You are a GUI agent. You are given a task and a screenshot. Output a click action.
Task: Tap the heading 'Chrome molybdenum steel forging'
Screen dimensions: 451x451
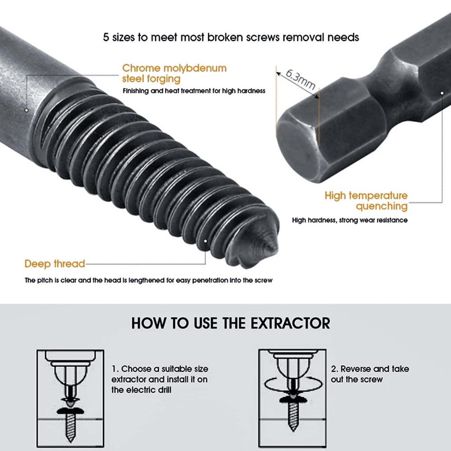(174, 74)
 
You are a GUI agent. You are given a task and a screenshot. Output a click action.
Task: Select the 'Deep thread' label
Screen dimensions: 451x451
(55, 264)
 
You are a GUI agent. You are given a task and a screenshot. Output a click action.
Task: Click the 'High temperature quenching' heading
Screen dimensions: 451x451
(366, 201)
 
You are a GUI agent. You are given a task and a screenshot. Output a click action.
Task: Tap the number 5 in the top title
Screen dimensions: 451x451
(106, 37)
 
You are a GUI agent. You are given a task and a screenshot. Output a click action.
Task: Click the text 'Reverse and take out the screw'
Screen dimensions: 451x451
(370, 374)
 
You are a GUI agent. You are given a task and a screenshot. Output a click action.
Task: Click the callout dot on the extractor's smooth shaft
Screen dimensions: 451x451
(27, 110)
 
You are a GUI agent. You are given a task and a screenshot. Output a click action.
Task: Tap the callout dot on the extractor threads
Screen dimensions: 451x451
(206, 241)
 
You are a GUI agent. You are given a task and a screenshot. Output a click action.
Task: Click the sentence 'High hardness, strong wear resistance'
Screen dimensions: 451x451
(350, 220)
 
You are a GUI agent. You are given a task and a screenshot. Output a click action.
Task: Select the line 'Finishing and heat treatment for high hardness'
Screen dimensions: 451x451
(194, 91)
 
